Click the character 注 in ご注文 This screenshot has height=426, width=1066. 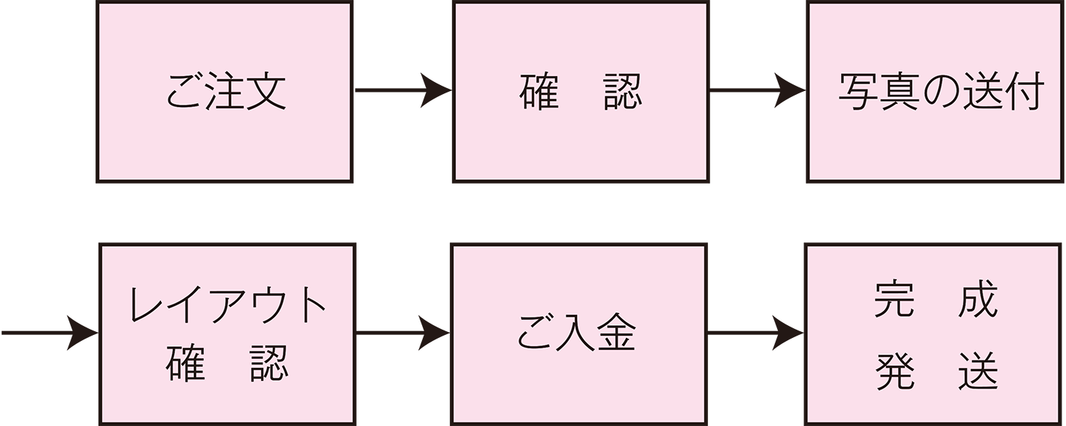[x=226, y=92]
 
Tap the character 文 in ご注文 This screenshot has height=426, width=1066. [x=266, y=92]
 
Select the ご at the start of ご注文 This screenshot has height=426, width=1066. [x=186, y=93]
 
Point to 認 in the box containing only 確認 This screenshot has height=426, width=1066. [x=622, y=92]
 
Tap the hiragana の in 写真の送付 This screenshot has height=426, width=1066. [x=941, y=93]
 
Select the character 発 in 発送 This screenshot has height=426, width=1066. [x=894, y=372]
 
